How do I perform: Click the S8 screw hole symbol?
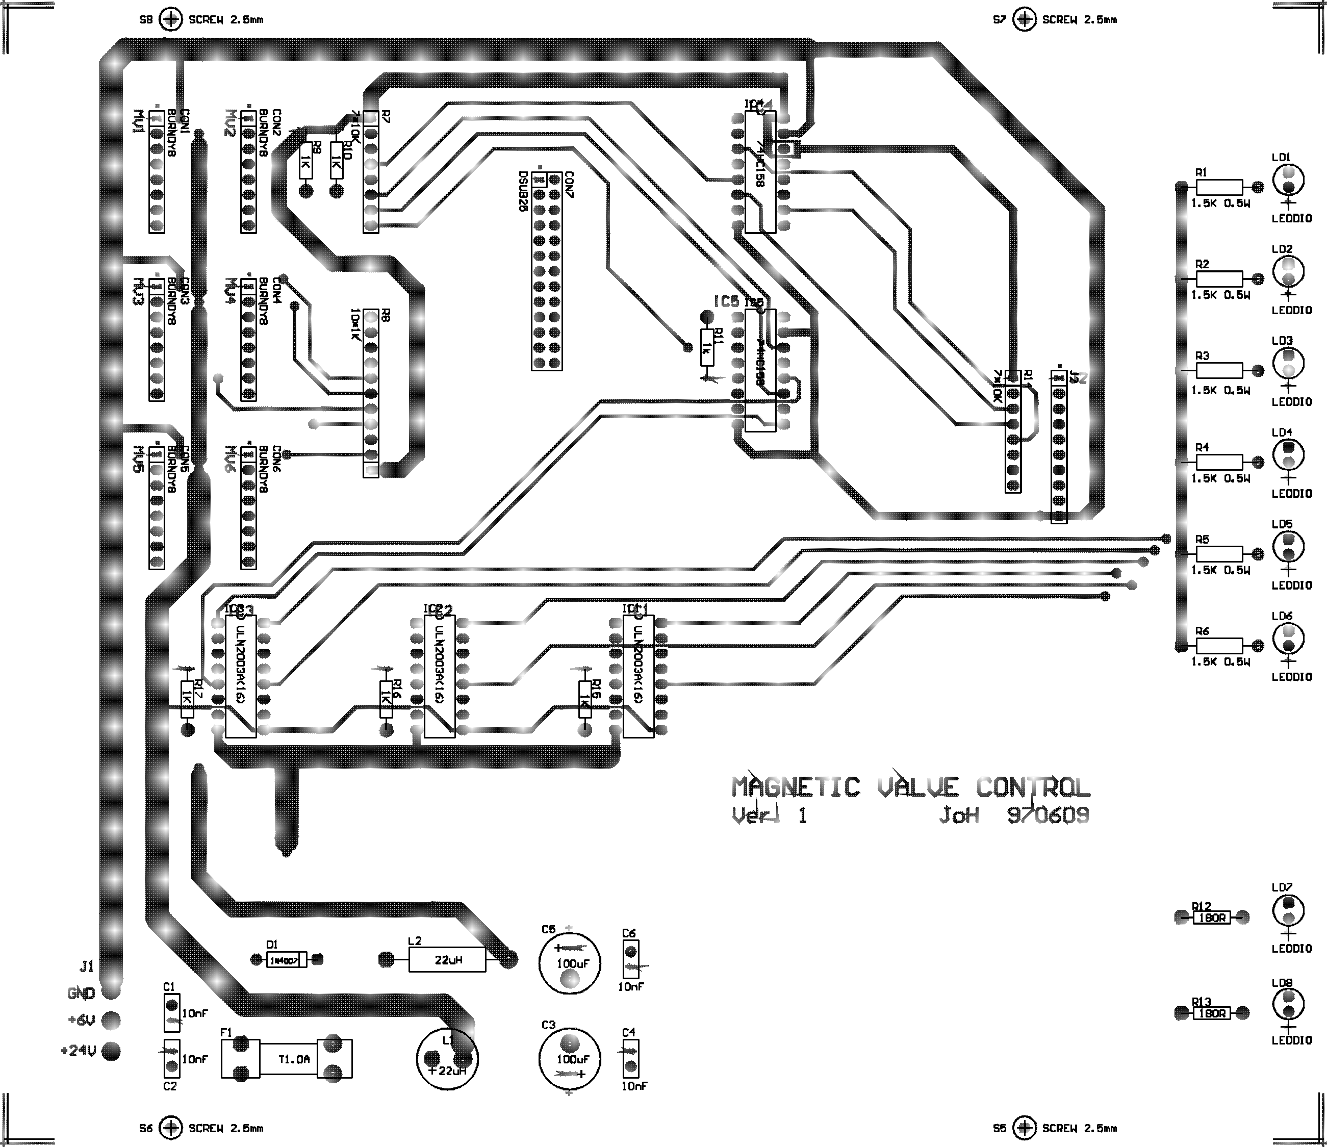pos(171,19)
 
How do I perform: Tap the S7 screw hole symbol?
pos(1024,19)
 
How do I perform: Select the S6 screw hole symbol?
pos(171,1127)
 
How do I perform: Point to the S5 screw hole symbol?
pos(1024,1127)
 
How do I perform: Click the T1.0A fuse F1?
pos(286,1059)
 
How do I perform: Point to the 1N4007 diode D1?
pos(286,960)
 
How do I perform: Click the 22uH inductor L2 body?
pos(447,959)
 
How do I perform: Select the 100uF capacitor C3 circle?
pos(569,1059)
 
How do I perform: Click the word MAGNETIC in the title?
pos(796,787)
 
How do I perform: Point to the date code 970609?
pos(1048,816)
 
